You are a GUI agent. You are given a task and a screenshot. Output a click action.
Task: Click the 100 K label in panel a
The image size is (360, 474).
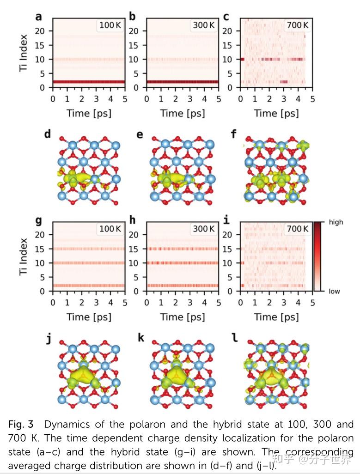coord(110,25)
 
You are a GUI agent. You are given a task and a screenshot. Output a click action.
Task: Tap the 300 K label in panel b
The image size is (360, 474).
coord(203,25)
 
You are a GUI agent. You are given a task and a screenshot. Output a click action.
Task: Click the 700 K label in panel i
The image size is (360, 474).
coord(297,229)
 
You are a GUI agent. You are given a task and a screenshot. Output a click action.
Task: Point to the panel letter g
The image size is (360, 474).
coord(39,221)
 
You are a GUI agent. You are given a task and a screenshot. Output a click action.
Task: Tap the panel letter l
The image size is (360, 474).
coord(235,338)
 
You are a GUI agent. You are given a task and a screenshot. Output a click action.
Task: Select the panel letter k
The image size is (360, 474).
coord(141,338)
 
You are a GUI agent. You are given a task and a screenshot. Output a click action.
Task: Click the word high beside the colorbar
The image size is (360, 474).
coord(336,222)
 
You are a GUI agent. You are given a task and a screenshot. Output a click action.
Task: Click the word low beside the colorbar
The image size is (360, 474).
coord(335,292)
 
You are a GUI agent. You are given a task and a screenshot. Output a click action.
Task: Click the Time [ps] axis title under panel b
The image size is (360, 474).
coord(183,113)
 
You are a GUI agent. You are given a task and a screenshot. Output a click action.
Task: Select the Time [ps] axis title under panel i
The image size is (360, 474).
coord(276,317)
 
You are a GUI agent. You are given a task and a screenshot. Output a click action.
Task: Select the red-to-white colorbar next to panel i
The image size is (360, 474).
coord(319,256)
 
